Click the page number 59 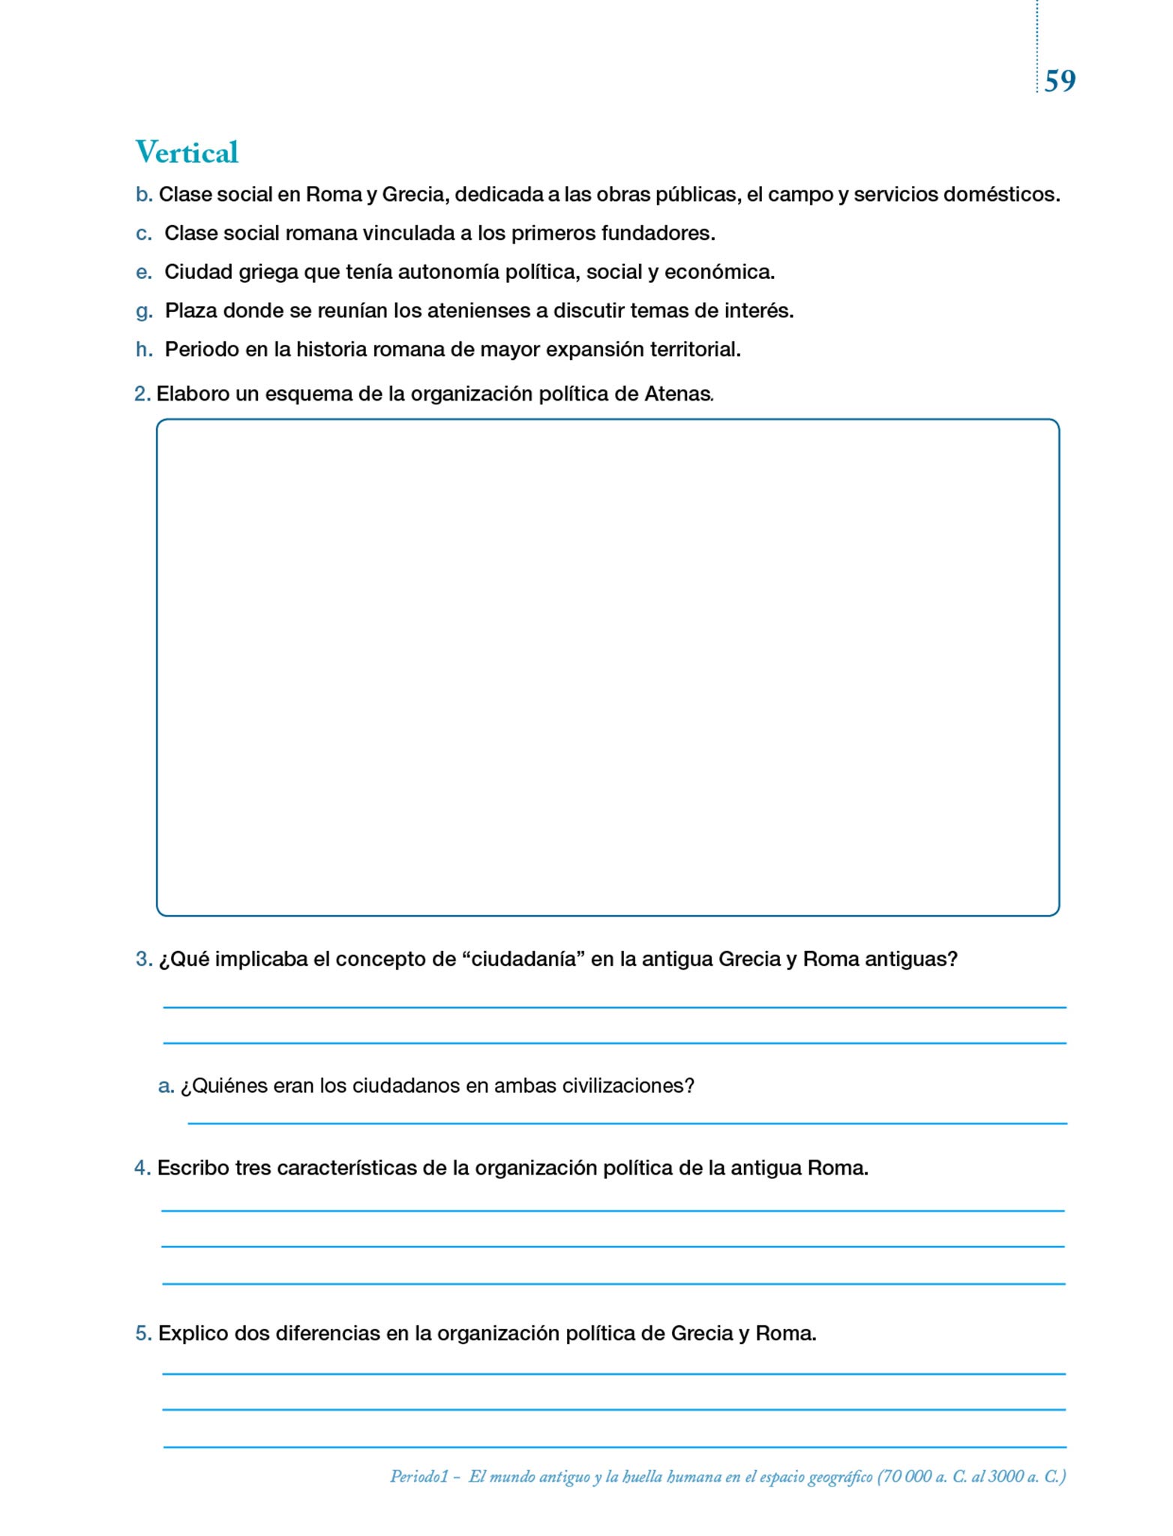[x=1059, y=81]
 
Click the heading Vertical [x=187, y=152]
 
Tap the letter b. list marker [x=144, y=195]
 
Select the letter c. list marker [x=144, y=234]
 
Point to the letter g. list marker [x=144, y=311]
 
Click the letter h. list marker [x=144, y=349]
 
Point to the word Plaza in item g [x=190, y=310]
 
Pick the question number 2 [x=142, y=394]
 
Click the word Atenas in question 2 [x=677, y=394]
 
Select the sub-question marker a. [x=166, y=1086]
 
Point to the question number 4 [x=142, y=1168]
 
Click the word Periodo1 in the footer [x=418, y=1477]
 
